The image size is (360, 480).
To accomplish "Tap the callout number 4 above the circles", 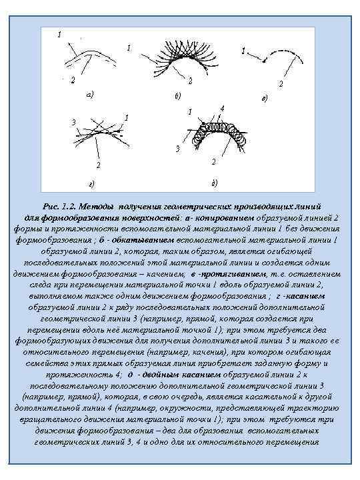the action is pyautogui.click(x=221, y=109).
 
